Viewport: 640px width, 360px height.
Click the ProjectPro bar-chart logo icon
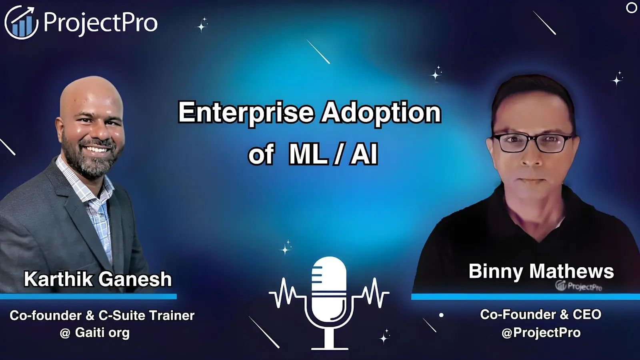click(x=21, y=22)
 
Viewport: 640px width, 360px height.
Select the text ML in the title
click(x=308, y=154)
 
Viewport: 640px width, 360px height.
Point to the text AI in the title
click(x=364, y=154)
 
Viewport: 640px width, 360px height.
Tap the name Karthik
click(x=58, y=279)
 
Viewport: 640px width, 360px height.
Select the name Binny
click(x=496, y=272)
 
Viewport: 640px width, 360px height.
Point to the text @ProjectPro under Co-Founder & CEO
click(x=541, y=332)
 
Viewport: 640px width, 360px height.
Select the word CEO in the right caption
click(x=587, y=314)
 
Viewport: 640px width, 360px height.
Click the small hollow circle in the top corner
click(x=631, y=8)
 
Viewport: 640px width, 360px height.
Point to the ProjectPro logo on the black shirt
click(x=578, y=286)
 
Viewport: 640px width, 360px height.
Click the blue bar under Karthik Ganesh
click(x=88, y=296)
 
